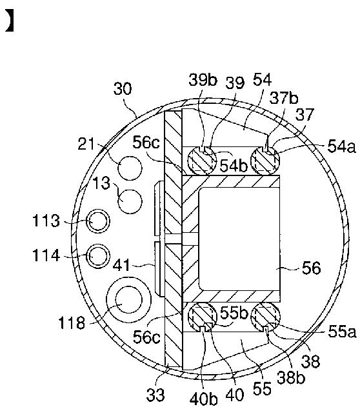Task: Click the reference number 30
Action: click(123, 89)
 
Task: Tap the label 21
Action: click(86, 144)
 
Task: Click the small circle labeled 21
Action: click(130, 168)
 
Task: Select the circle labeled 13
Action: click(130, 201)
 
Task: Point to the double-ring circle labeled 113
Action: click(98, 221)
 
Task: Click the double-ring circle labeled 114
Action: click(98, 256)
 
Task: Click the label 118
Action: click(72, 323)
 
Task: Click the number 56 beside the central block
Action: click(312, 268)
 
